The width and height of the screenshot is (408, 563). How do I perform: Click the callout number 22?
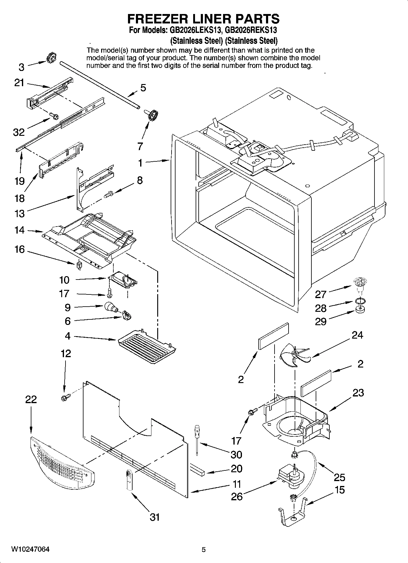pyautogui.click(x=31, y=399)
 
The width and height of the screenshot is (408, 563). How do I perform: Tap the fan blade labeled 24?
pyautogui.click(x=294, y=355)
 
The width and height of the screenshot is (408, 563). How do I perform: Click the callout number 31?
pyautogui.click(x=154, y=517)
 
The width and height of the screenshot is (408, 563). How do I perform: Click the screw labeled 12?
pyautogui.click(x=66, y=397)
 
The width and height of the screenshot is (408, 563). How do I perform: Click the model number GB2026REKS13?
pyautogui.click(x=251, y=30)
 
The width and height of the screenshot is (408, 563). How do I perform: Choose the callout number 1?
pyautogui.click(x=140, y=163)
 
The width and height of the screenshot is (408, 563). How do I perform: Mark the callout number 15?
pyautogui.click(x=340, y=490)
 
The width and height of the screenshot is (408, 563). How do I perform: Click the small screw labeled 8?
pyautogui.click(x=109, y=194)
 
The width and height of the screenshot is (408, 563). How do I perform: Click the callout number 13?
pyautogui.click(x=20, y=213)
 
